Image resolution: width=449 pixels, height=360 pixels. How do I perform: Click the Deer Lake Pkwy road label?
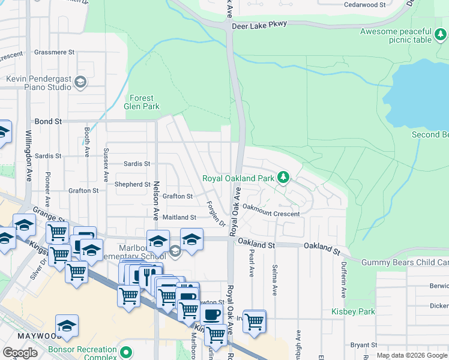(259, 24)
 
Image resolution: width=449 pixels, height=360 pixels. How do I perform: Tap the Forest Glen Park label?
(142, 102)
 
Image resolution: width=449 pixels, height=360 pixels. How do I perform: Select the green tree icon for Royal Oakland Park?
(283, 178)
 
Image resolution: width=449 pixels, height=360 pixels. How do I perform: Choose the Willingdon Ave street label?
(28, 157)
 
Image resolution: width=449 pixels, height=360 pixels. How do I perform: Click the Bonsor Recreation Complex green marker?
(125, 352)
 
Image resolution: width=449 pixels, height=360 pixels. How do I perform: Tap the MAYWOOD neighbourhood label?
(25, 338)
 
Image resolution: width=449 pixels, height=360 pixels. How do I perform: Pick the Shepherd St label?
(133, 184)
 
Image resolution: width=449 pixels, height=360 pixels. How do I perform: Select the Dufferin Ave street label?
(343, 283)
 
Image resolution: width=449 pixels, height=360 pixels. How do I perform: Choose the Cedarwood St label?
(364, 5)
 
